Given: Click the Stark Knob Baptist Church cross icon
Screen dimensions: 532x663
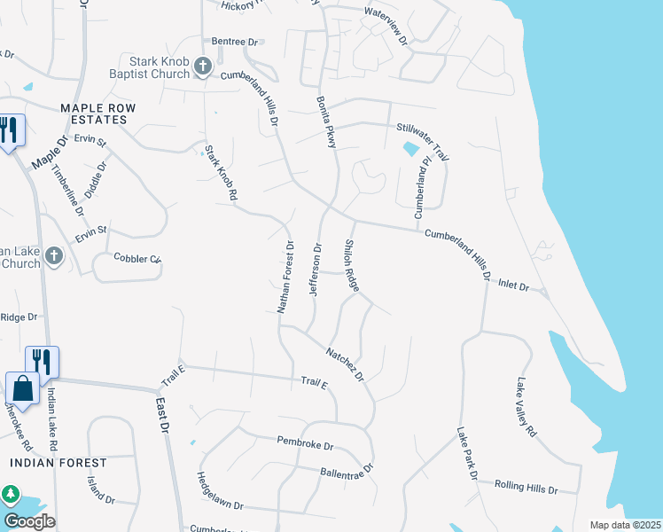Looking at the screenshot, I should [x=202, y=66].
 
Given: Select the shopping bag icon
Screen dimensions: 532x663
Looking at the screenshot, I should [x=22, y=388].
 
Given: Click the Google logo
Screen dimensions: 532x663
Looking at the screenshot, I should [x=29, y=521].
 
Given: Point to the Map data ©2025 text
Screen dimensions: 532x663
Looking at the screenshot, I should [x=625, y=525].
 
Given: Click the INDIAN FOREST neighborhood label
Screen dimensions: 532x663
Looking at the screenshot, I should [x=58, y=463].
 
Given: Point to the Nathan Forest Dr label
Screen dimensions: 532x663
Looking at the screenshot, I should [x=283, y=275].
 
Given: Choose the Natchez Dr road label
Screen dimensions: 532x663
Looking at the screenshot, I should [x=346, y=364].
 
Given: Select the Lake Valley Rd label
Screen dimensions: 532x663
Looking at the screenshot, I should [x=526, y=407].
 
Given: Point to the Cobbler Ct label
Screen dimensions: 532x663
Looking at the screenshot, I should [x=137, y=259].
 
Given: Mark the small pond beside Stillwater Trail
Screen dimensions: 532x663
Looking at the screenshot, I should [x=411, y=149].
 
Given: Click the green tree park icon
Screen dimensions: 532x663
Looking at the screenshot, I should [x=11, y=494].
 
